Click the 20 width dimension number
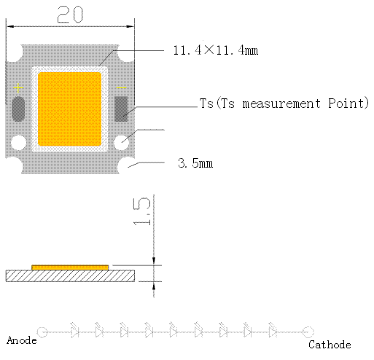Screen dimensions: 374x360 click(70, 15)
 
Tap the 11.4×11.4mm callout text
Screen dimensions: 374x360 click(216, 50)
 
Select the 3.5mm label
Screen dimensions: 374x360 click(195, 163)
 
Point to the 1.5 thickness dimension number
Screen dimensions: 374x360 click(142, 211)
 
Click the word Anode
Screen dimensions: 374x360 click(22, 340)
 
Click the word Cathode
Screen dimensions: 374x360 click(330, 345)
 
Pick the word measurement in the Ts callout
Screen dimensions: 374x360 click(281, 103)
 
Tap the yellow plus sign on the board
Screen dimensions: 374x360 click(18, 88)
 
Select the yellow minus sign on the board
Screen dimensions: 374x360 click(122, 88)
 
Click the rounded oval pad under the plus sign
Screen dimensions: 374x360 click(18, 109)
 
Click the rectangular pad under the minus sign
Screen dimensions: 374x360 click(121, 109)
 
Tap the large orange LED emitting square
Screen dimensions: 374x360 click(70, 109)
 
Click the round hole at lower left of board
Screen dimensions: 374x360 click(19, 143)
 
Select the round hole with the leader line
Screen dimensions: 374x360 click(122, 143)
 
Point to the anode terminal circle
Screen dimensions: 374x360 click(42, 332)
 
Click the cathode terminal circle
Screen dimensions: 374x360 click(308, 332)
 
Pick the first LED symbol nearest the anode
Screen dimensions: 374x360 click(74, 330)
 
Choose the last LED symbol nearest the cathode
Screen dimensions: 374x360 click(273, 330)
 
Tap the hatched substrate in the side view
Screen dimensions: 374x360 click(70, 276)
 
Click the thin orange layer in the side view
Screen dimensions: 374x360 click(70, 267)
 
